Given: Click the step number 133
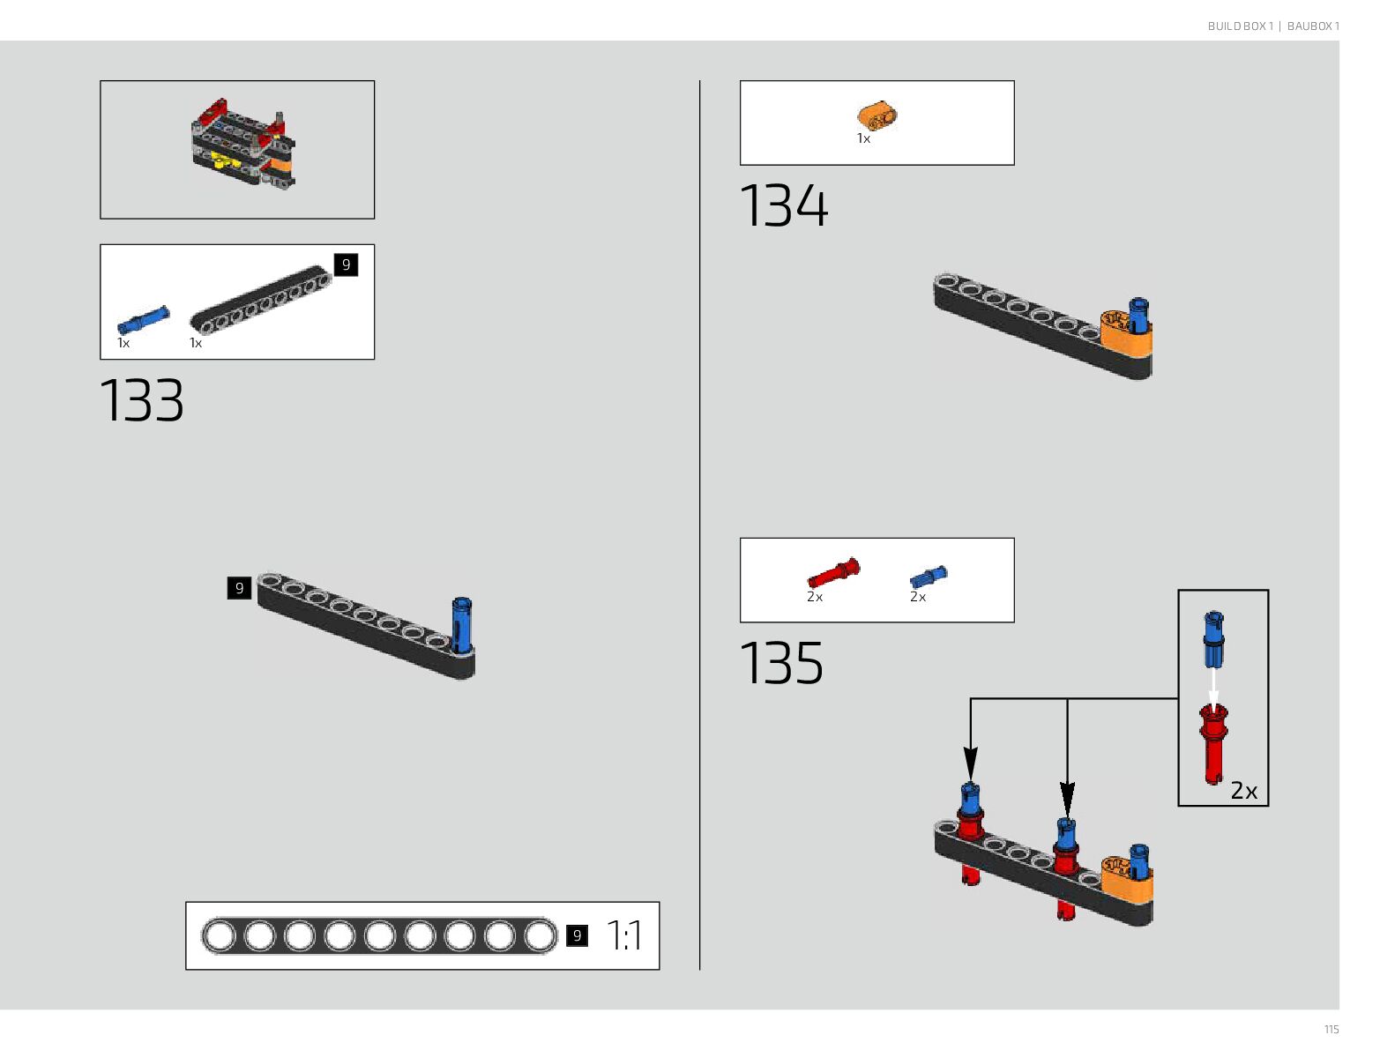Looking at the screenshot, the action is (x=142, y=401).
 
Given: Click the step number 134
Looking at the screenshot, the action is (x=783, y=206).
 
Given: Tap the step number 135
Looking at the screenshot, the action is (x=781, y=663).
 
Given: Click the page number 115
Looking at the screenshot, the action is (x=1331, y=1029).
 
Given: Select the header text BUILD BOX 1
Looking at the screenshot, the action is (x=1240, y=26).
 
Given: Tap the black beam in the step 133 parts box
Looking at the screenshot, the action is (x=261, y=300).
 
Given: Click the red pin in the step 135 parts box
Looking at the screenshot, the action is (x=833, y=573).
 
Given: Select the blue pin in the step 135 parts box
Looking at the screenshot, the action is (x=928, y=577).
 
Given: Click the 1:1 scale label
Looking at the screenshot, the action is (x=624, y=935).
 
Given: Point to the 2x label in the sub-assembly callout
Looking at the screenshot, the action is (x=1243, y=791).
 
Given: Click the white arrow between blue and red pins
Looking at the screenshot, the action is (x=1214, y=689).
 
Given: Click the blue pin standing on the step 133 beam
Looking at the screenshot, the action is (x=461, y=625).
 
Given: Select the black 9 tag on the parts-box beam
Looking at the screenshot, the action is (x=346, y=264).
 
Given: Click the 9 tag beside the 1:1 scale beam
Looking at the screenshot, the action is (x=577, y=935).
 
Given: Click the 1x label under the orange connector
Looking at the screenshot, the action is (x=863, y=138).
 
